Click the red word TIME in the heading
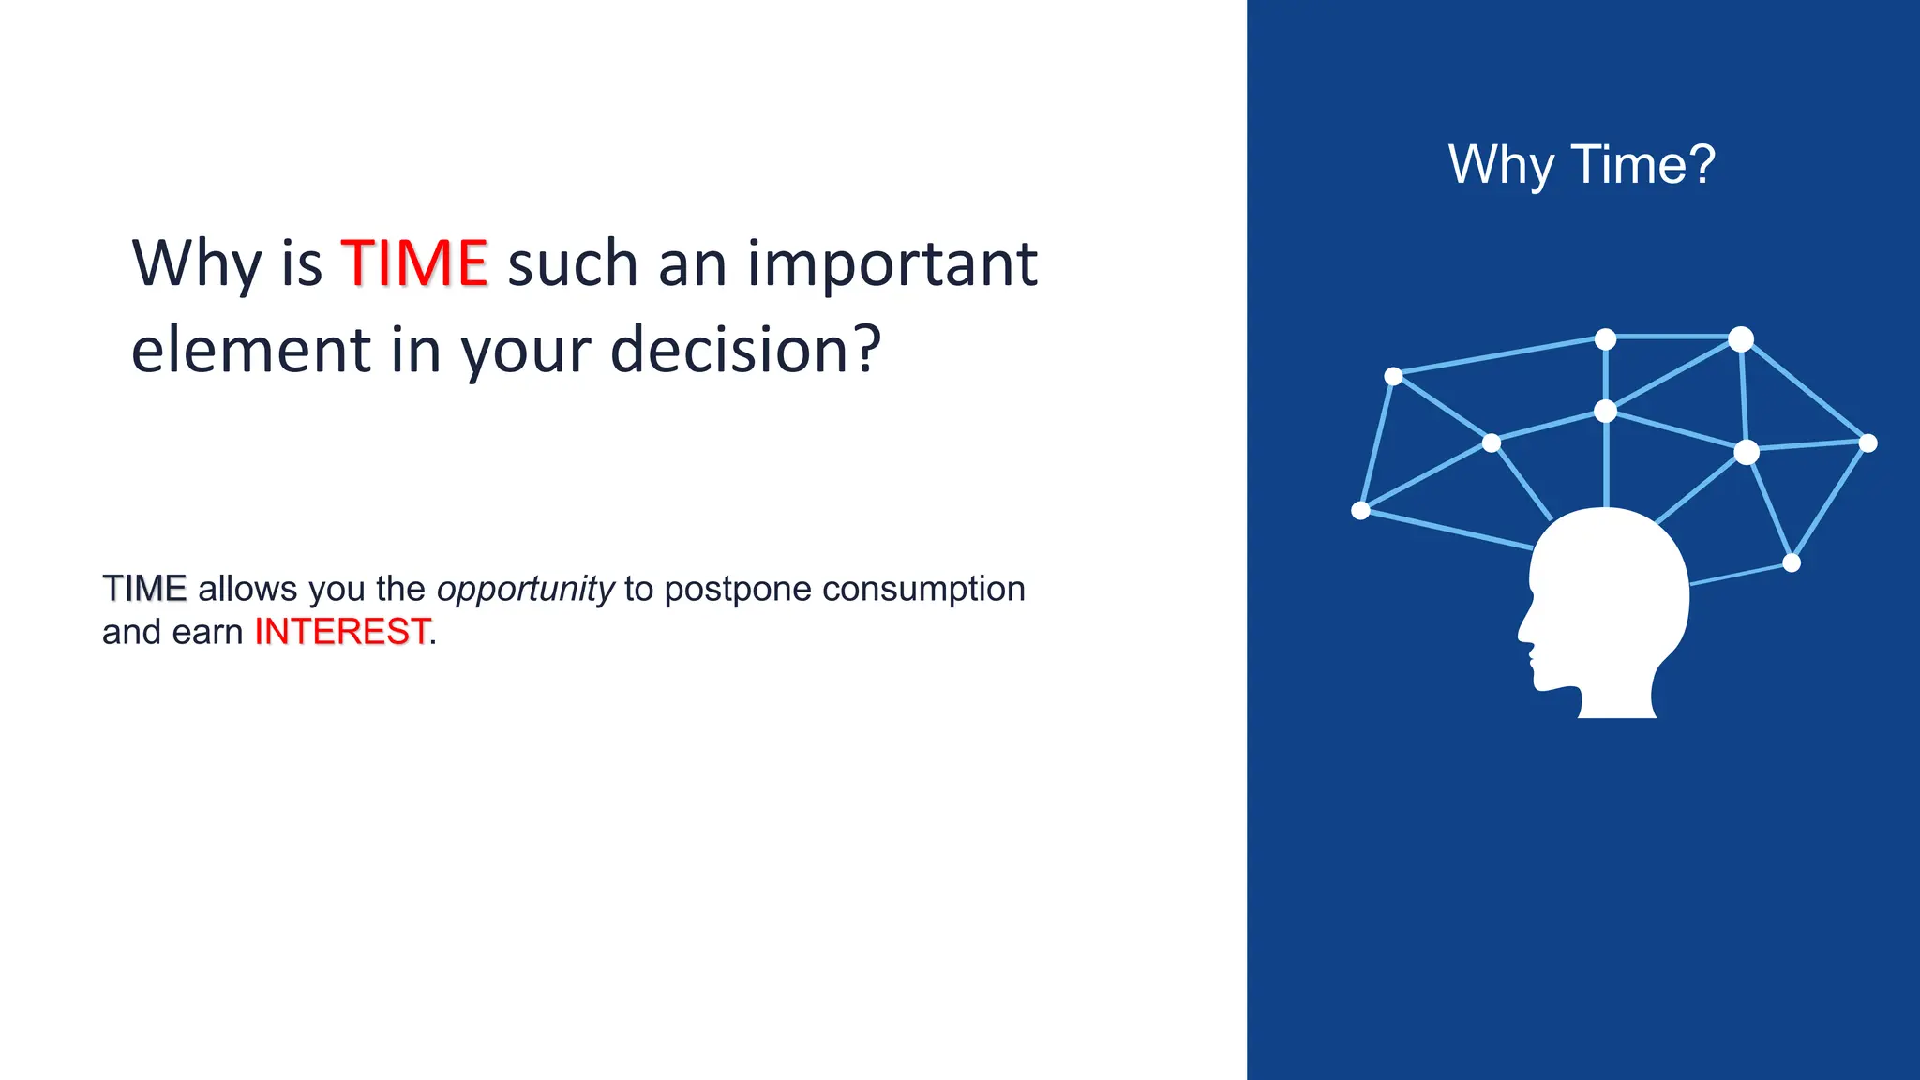tap(413, 263)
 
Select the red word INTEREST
tap(342, 632)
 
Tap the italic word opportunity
tap(525, 590)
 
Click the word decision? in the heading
tap(746, 350)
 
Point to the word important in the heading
tap(892, 263)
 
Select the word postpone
tap(739, 590)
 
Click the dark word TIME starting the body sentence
tap(144, 589)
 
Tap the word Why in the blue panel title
tap(1501, 166)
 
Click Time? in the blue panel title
tap(1642, 165)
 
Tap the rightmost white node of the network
tap(1867, 443)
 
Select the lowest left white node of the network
tap(1361, 510)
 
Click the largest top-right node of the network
tap(1741, 338)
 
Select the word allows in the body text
tap(247, 590)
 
